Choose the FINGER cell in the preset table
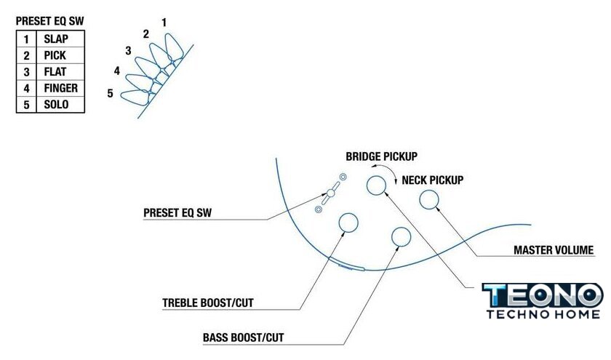coord(60,88)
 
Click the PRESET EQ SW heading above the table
coord(50,22)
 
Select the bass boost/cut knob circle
coord(401,236)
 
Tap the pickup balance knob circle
coord(376,185)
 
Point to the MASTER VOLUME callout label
coord(554,251)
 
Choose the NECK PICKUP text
coord(433,180)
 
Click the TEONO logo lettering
coord(543,295)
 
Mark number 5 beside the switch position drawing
coord(110,93)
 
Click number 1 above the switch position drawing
coord(164,23)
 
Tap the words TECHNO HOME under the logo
coord(543,314)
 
